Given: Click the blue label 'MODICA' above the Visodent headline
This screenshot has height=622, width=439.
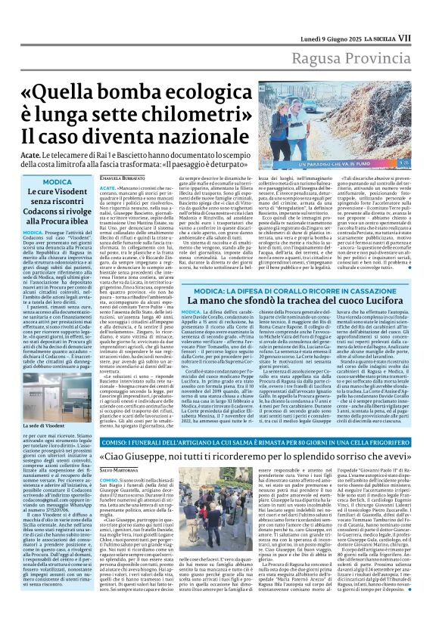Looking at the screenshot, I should (x=58, y=183).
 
